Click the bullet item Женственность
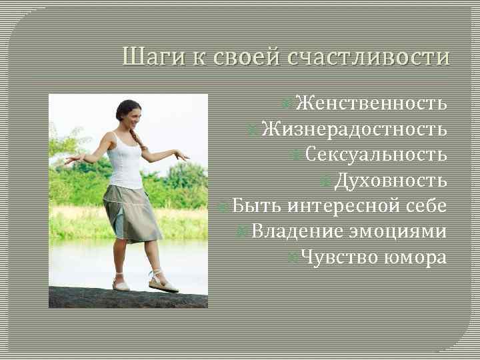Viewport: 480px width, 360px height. [x=370, y=103]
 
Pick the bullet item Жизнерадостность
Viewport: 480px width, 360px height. [x=354, y=129]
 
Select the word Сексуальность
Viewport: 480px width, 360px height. [x=376, y=154]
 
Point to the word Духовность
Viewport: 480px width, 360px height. [x=390, y=180]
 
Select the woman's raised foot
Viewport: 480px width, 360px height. [x=163, y=283]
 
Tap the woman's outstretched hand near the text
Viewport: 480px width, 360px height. [x=181, y=154]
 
